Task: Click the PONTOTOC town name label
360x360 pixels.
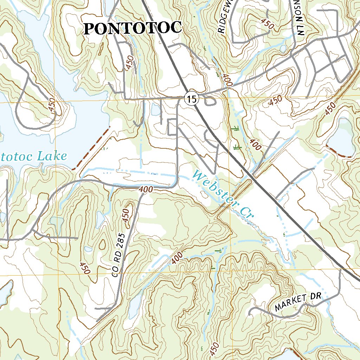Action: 133,28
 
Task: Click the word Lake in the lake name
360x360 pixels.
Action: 52,156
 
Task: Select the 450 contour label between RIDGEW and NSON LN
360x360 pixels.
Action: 267,24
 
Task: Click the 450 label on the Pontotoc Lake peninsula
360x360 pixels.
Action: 52,106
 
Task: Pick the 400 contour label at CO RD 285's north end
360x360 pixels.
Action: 146,189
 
